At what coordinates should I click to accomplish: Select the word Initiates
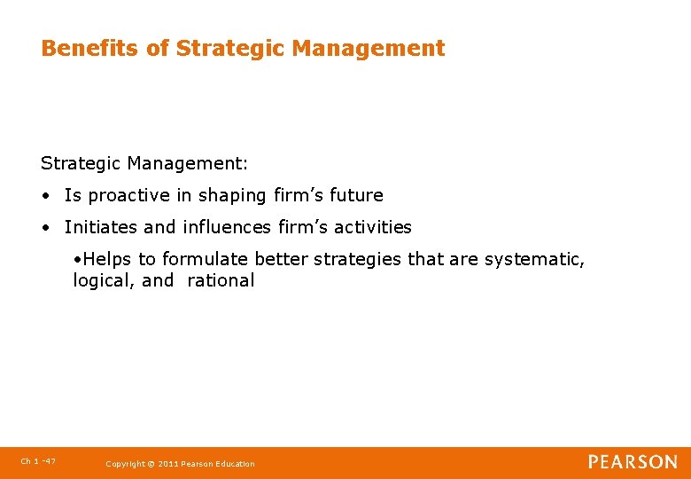click(101, 227)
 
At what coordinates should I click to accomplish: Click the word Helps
click(106, 259)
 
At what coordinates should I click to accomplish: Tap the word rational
click(221, 281)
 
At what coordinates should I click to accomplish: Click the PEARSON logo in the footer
click(633, 462)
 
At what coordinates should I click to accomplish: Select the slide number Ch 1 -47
click(37, 461)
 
